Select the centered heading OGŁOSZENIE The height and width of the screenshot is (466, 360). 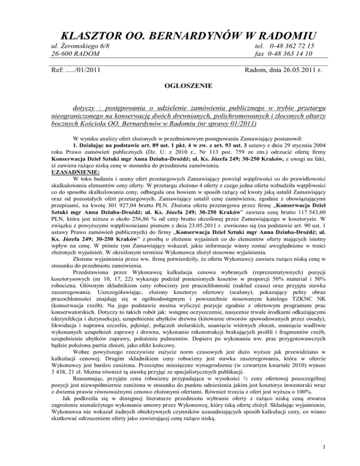pyautogui.click(x=180, y=86)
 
